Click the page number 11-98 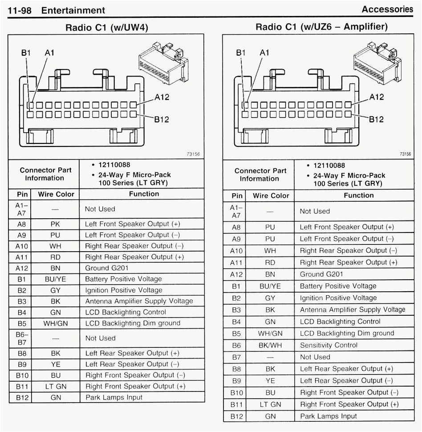(20, 10)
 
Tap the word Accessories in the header (387, 9)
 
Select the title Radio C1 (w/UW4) (107, 28)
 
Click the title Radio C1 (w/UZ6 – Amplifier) (321, 27)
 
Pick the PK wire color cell (56, 224)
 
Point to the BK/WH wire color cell (270, 345)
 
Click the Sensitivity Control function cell (329, 345)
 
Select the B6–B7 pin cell (22, 338)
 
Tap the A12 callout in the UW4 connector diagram (162, 97)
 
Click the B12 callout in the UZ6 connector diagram (377, 119)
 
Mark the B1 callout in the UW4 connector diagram (26, 53)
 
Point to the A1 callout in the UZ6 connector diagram (264, 53)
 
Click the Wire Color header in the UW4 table (56, 194)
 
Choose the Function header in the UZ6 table (359, 195)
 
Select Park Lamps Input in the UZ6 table (329, 416)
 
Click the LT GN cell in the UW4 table (56, 387)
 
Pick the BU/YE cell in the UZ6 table (270, 286)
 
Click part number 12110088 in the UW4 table (112, 165)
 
